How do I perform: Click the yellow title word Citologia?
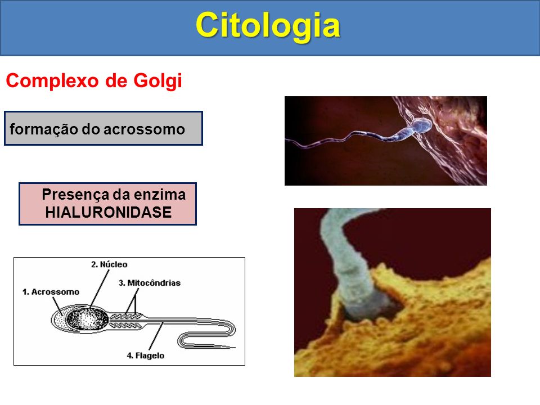(x=268, y=25)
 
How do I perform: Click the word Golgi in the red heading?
(x=157, y=81)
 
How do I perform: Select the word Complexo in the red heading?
(x=52, y=81)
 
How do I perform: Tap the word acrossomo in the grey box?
(x=145, y=129)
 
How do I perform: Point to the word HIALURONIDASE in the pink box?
(x=109, y=212)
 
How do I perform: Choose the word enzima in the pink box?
(x=160, y=195)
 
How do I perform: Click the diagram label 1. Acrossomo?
(x=51, y=292)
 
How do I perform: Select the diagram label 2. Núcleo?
(x=109, y=264)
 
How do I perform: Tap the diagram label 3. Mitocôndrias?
(x=150, y=283)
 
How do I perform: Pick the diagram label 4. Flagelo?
(x=145, y=355)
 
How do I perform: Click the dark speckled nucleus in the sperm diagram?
(x=87, y=319)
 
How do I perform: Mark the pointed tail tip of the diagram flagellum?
(x=236, y=348)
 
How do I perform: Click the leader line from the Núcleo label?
(x=100, y=288)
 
